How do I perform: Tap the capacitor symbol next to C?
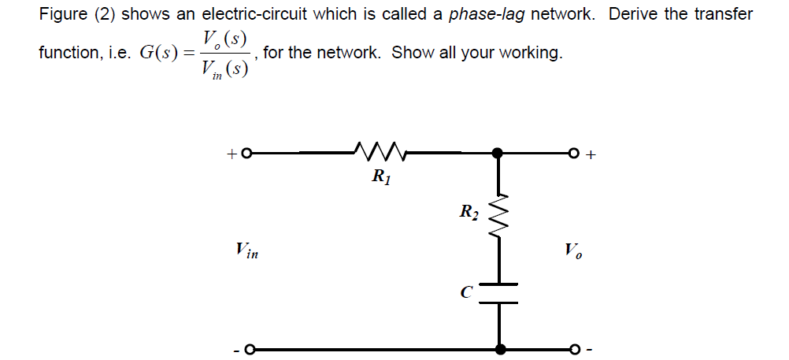point(498,292)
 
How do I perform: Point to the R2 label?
point(469,211)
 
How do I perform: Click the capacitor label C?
point(467,293)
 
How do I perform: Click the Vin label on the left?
point(247,251)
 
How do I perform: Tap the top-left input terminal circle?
point(246,154)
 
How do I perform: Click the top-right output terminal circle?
point(576,154)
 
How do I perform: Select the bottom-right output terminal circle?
point(576,349)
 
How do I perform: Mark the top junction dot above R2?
point(498,154)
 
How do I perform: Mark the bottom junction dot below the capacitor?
point(498,348)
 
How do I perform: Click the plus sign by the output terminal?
point(593,155)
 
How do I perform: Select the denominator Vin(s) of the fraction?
point(225,72)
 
